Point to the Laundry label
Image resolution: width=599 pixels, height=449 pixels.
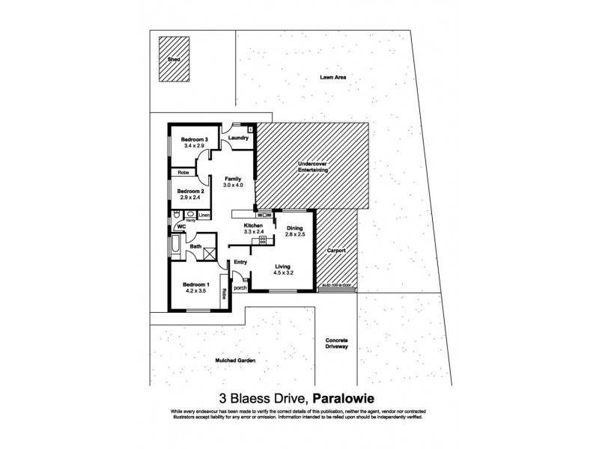[x=238, y=138]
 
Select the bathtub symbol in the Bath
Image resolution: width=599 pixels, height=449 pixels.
[x=176, y=245]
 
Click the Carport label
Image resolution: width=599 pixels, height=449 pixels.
[x=336, y=251]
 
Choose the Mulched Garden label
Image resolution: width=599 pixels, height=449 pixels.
[x=237, y=361]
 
